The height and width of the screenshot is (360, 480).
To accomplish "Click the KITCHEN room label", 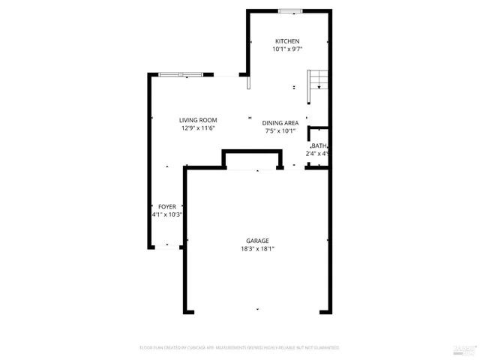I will [x=287, y=41].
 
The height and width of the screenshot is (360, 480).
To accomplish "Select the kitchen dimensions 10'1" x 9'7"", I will [x=287, y=50].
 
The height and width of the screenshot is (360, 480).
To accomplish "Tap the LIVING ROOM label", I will [x=198, y=120].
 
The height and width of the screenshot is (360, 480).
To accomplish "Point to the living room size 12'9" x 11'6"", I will [x=198, y=129].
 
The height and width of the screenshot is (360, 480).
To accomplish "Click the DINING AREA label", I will [x=280, y=122].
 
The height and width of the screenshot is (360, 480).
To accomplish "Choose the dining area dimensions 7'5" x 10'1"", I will [x=280, y=131].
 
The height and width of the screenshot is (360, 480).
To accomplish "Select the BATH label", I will [x=319, y=145].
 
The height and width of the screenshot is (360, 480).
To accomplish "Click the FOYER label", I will [x=166, y=206].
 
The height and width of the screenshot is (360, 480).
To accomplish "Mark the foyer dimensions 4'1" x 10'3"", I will [x=166, y=214].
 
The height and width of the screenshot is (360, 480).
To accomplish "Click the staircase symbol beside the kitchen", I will [x=318, y=79].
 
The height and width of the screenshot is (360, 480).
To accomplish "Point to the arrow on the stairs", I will [x=319, y=86].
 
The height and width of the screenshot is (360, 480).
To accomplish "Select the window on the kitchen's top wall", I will [x=291, y=10].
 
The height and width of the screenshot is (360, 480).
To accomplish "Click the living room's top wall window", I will [x=180, y=74].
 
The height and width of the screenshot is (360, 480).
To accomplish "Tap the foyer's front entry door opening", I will [x=166, y=245].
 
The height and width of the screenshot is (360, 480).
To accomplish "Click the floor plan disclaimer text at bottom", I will [x=239, y=348].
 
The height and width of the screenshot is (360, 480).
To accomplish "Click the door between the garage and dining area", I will [x=294, y=169].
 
